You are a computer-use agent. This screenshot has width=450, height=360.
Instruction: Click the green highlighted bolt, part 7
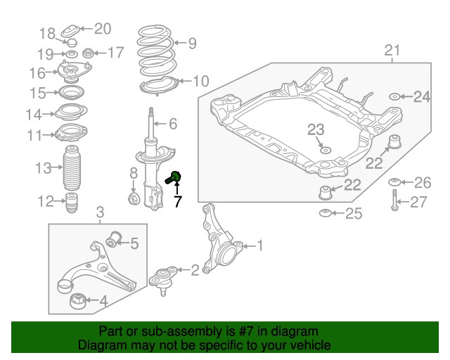[x=174, y=177]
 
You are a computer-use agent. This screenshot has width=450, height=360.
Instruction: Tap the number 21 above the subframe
[x=392, y=51]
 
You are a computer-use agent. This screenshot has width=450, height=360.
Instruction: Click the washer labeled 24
[x=394, y=96]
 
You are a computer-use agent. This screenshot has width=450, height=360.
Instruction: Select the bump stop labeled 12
[x=70, y=204]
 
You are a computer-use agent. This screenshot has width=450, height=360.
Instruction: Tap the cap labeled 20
[x=72, y=32]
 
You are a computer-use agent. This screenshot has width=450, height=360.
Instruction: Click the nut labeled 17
[x=89, y=53]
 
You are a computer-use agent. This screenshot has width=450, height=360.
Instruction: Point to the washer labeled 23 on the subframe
[x=324, y=149]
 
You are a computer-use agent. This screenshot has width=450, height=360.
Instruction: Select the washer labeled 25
[x=326, y=213]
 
